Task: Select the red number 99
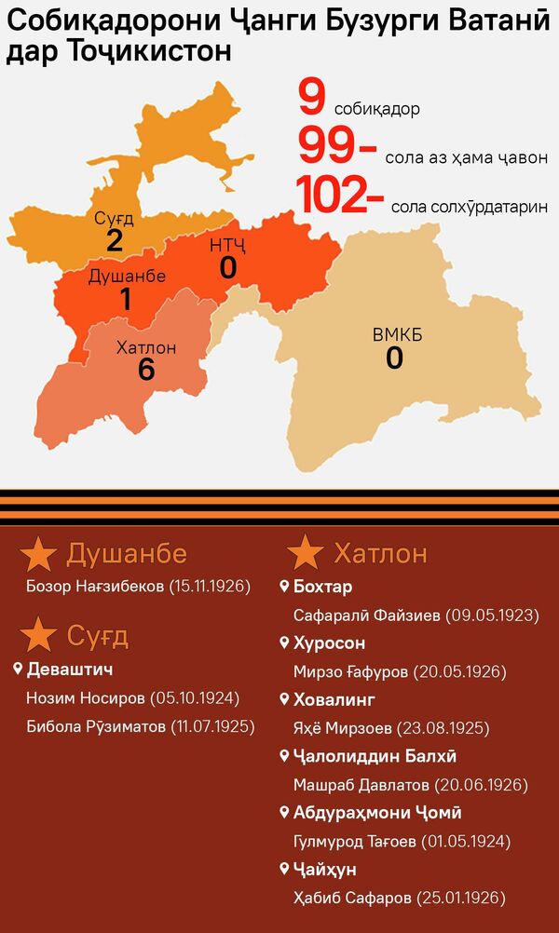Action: [x=330, y=146]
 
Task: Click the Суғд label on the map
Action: [x=114, y=219]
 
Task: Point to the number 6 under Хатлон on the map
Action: [x=145, y=370]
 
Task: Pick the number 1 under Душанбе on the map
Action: [x=126, y=299]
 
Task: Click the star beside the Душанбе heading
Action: [x=38, y=554]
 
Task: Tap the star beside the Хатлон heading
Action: [x=306, y=554]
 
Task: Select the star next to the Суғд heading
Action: [x=38, y=637]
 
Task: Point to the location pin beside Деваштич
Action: [x=18, y=669]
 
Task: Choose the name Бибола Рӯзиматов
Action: [x=95, y=725]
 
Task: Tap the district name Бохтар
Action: [x=322, y=587]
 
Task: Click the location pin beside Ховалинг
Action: [x=285, y=699]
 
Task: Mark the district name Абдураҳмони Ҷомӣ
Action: [x=377, y=813]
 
